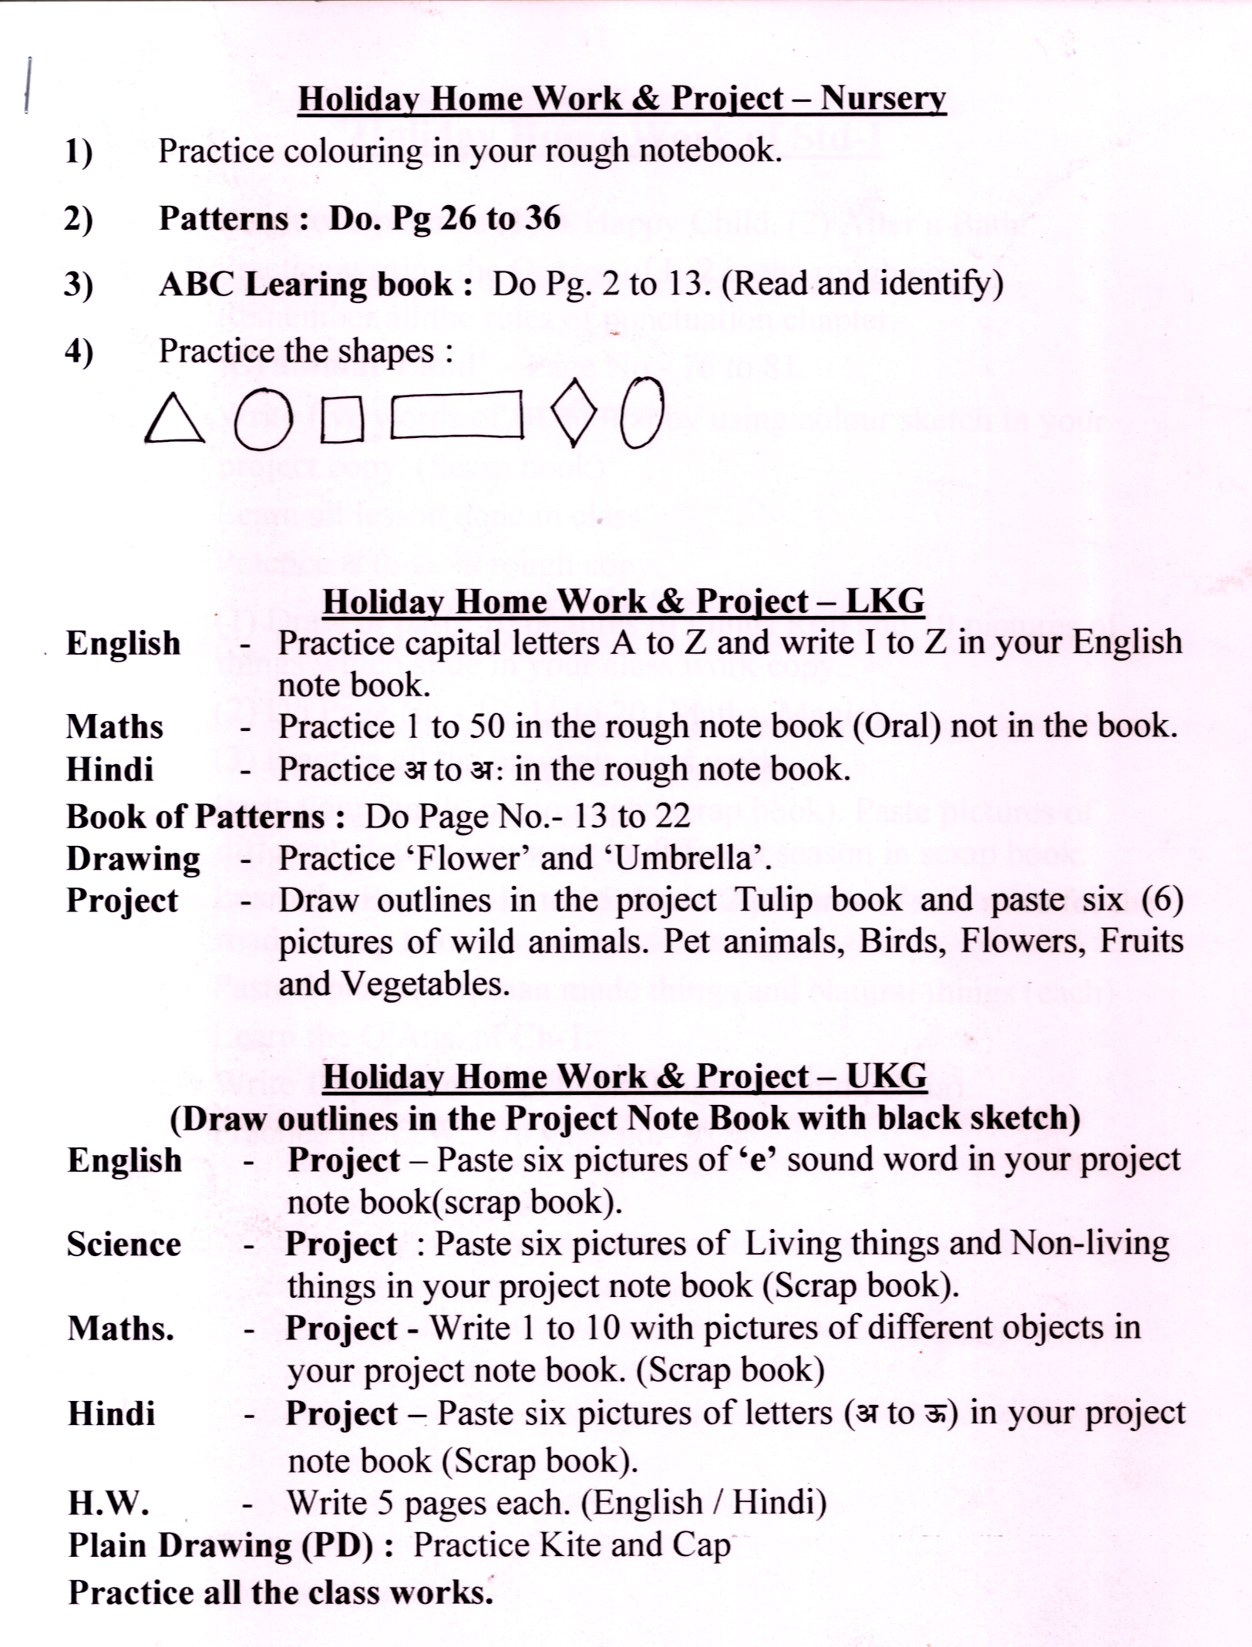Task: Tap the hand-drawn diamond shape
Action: pos(575,413)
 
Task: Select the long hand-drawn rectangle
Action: pos(457,416)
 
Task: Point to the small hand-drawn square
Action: pos(342,420)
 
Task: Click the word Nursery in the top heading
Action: pos(883,99)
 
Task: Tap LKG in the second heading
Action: pos(885,601)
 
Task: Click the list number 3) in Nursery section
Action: pos(79,285)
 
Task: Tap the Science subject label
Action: pos(124,1245)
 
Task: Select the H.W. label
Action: pos(108,1502)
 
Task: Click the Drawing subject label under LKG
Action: pos(133,859)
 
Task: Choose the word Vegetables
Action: pos(425,984)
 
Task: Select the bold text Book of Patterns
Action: pos(196,817)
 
